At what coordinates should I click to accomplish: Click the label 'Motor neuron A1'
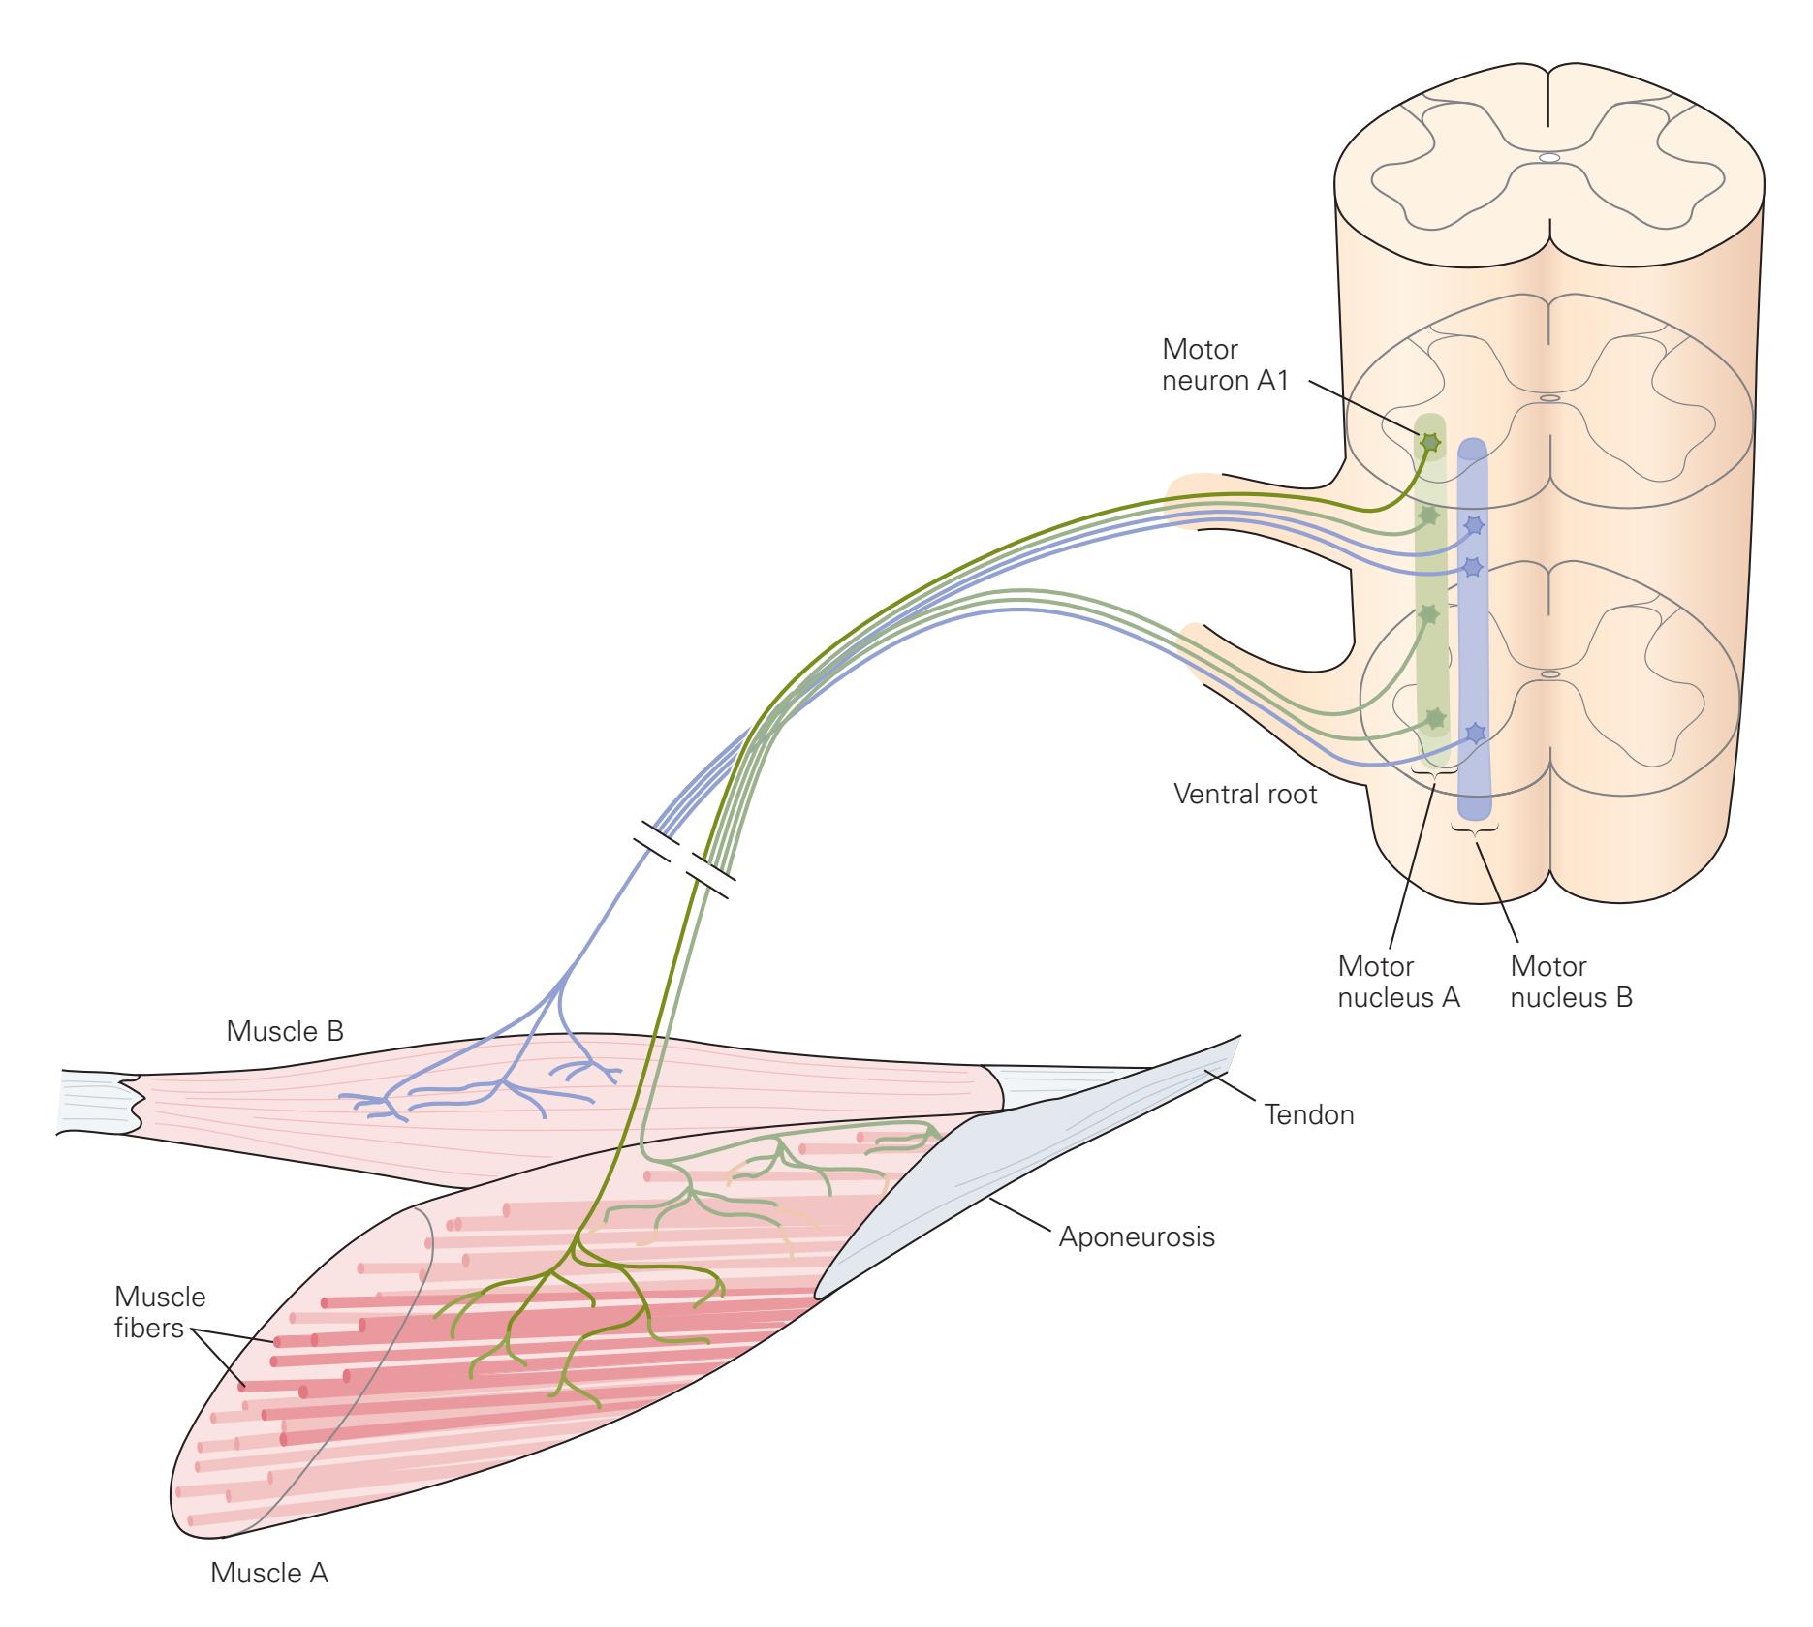tap(1226, 363)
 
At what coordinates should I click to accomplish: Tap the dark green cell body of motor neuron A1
tap(1429, 442)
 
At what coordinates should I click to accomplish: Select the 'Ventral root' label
tap(1245, 795)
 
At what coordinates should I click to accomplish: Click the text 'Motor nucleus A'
tap(1398, 982)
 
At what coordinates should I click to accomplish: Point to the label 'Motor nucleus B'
tap(1571, 982)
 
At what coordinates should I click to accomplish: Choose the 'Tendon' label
tap(1309, 1114)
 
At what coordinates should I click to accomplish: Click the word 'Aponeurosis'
tap(1136, 1236)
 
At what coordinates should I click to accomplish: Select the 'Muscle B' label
tap(285, 1031)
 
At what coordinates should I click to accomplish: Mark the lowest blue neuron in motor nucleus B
tap(1475, 734)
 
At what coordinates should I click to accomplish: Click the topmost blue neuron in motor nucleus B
tap(1474, 526)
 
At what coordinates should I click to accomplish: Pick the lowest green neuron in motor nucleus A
tap(1434, 719)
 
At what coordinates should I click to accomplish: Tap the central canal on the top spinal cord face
tap(1549, 157)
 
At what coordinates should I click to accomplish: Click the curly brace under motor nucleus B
tap(1475, 829)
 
